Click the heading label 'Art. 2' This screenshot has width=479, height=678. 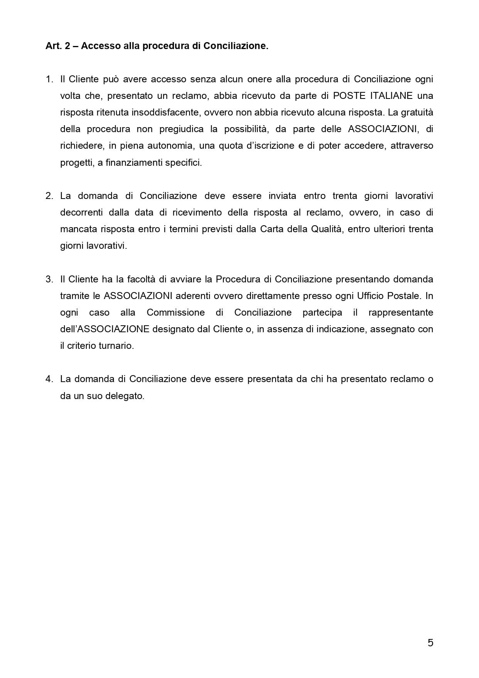pyautogui.click(x=58, y=46)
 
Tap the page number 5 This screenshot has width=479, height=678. pyautogui.click(x=430, y=643)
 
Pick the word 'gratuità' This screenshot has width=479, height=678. pyautogui.click(x=417, y=112)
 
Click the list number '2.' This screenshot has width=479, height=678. pyautogui.click(x=49, y=196)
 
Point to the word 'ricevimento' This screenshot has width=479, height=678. pyautogui.click(x=197, y=212)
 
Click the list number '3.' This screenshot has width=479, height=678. pyautogui.click(x=49, y=279)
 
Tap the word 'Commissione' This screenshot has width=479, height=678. pyautogui.click(x=176, y=313)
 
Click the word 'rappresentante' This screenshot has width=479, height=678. pyautogui.click(x=401, y=313)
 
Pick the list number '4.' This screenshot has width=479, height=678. pyautogui.click(x=49, y=379)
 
